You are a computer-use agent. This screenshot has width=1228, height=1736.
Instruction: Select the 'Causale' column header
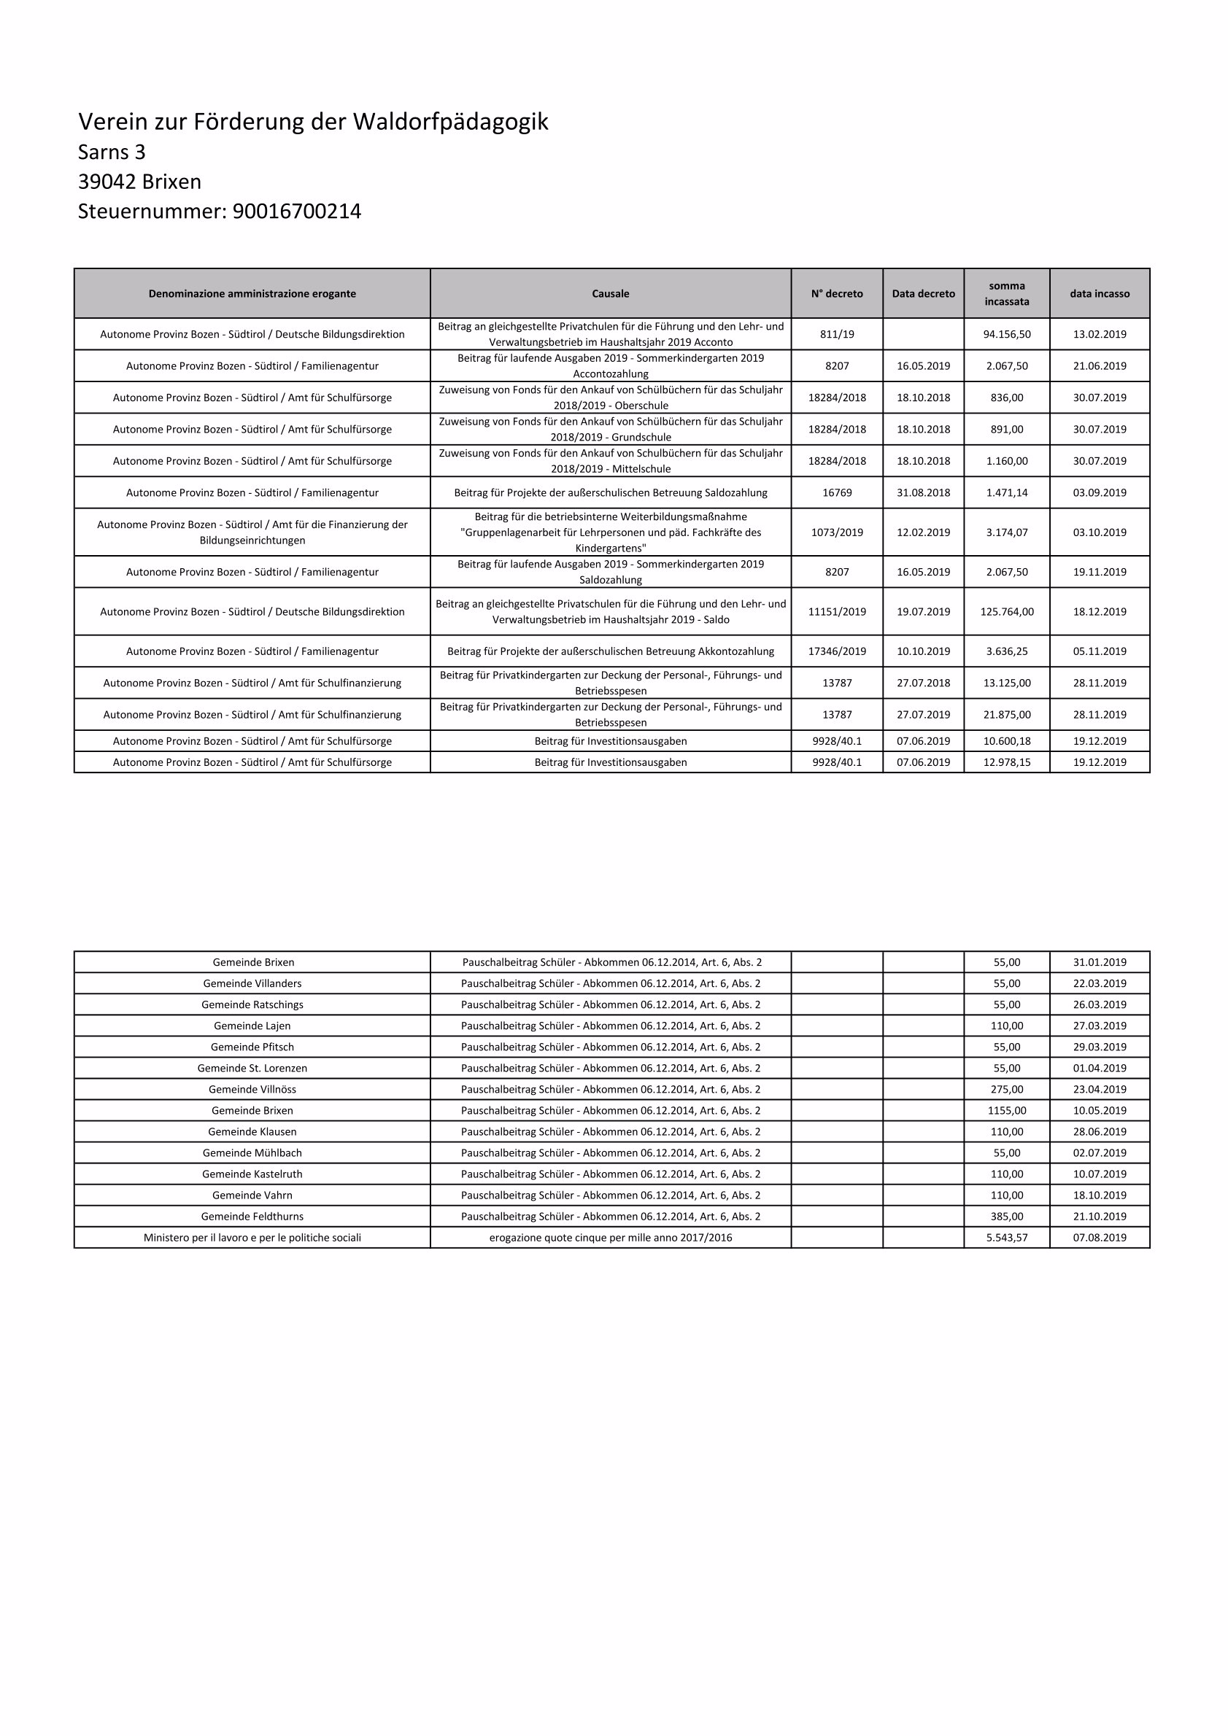(610, 293)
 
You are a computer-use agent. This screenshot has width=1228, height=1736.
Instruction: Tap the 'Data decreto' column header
(922, 293)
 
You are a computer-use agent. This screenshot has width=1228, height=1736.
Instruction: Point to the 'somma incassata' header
(1005, 293)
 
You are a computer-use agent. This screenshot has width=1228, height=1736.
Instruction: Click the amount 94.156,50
(1005, 334)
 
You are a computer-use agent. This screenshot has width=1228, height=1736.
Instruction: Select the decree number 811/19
(836, 334)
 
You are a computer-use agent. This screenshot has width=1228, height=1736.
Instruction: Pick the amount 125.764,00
(1005, 612)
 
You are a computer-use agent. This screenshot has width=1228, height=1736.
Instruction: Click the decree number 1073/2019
(836, 532)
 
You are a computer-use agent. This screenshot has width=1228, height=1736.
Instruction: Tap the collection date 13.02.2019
(1099, 334)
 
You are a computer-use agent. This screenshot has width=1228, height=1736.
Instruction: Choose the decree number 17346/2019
(836, 651)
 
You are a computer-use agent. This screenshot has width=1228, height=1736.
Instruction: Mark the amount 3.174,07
(1005, 532)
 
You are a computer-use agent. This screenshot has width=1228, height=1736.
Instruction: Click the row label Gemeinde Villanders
(252, 984)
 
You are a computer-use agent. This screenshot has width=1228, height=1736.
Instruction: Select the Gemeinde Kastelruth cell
(252, 1174)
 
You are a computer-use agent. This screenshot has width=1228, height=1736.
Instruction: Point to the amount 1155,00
(1005, 1111)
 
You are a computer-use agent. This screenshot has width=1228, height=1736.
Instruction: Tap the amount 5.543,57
(1005, 1238)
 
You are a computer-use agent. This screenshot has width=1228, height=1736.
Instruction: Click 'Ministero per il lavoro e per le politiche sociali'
(252, 1238)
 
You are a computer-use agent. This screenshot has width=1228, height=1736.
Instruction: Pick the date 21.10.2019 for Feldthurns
(1099, 1217)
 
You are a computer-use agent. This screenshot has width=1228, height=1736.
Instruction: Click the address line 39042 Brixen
(139, 182)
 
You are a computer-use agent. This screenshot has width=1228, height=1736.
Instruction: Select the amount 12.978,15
(1005, 762)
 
